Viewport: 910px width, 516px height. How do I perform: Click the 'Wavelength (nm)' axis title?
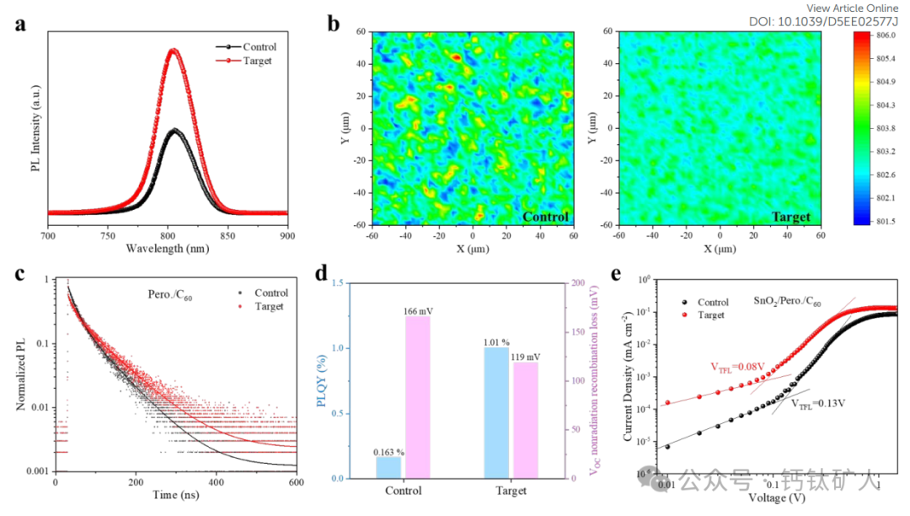[x=169, y=249]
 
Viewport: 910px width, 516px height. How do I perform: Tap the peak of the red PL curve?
[x=174, y=50]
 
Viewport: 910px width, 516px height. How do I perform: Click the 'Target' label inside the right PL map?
[x=791, y=217]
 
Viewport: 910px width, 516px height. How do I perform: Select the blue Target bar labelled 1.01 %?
[x=496, y=413]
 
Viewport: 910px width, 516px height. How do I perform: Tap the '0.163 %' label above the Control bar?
[x=389, y=451]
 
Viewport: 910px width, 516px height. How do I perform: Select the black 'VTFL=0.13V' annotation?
[x=817, y=404]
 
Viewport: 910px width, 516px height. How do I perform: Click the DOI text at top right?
[x=824, y=22]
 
